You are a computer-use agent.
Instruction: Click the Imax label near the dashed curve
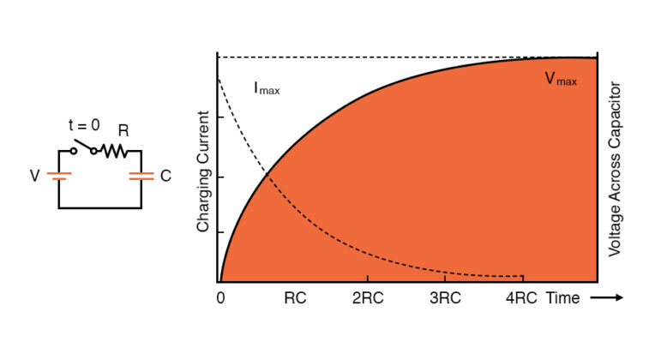tap(267, 87)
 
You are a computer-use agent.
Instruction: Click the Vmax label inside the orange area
tap(561, 79)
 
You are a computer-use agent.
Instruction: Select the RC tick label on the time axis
tap(294, 299)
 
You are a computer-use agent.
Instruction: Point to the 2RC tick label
tap(368, 299)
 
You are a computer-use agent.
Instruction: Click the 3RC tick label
tap(444, 299)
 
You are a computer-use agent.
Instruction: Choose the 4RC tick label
tap(520, 299)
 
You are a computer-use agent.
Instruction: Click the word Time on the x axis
tap(562, 299)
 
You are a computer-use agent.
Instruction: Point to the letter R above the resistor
tap(123, 131)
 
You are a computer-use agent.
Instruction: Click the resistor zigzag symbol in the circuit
tap(114, 151)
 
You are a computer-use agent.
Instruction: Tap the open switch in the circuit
tap(83, 147)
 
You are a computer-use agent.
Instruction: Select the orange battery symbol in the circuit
tap(58, 176)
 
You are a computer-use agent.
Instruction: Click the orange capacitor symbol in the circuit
tap(141, 176)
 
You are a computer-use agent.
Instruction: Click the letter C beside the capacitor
tap(165, 176)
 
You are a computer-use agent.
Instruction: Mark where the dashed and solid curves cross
tap(267, 175)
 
